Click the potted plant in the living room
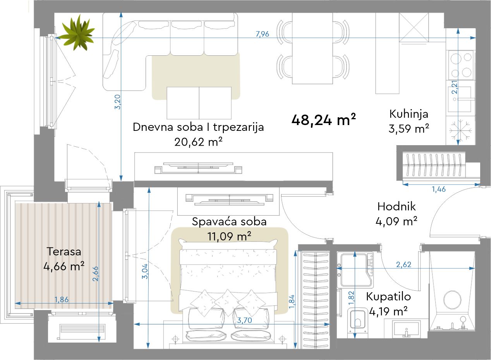78,33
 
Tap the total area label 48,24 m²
324,120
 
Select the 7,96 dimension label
263,34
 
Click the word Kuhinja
409,114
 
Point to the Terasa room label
64,252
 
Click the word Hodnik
396,206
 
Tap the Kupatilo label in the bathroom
388,297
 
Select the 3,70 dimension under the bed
244,321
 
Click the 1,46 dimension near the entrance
439,189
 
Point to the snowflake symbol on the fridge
460,130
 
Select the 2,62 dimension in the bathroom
403,264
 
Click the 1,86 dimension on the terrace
61,300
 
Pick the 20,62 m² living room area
198,142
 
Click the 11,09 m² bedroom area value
229,237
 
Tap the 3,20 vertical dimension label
118,102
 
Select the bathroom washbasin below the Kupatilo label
406,328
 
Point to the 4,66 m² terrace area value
64,266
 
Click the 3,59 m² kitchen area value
409,129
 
